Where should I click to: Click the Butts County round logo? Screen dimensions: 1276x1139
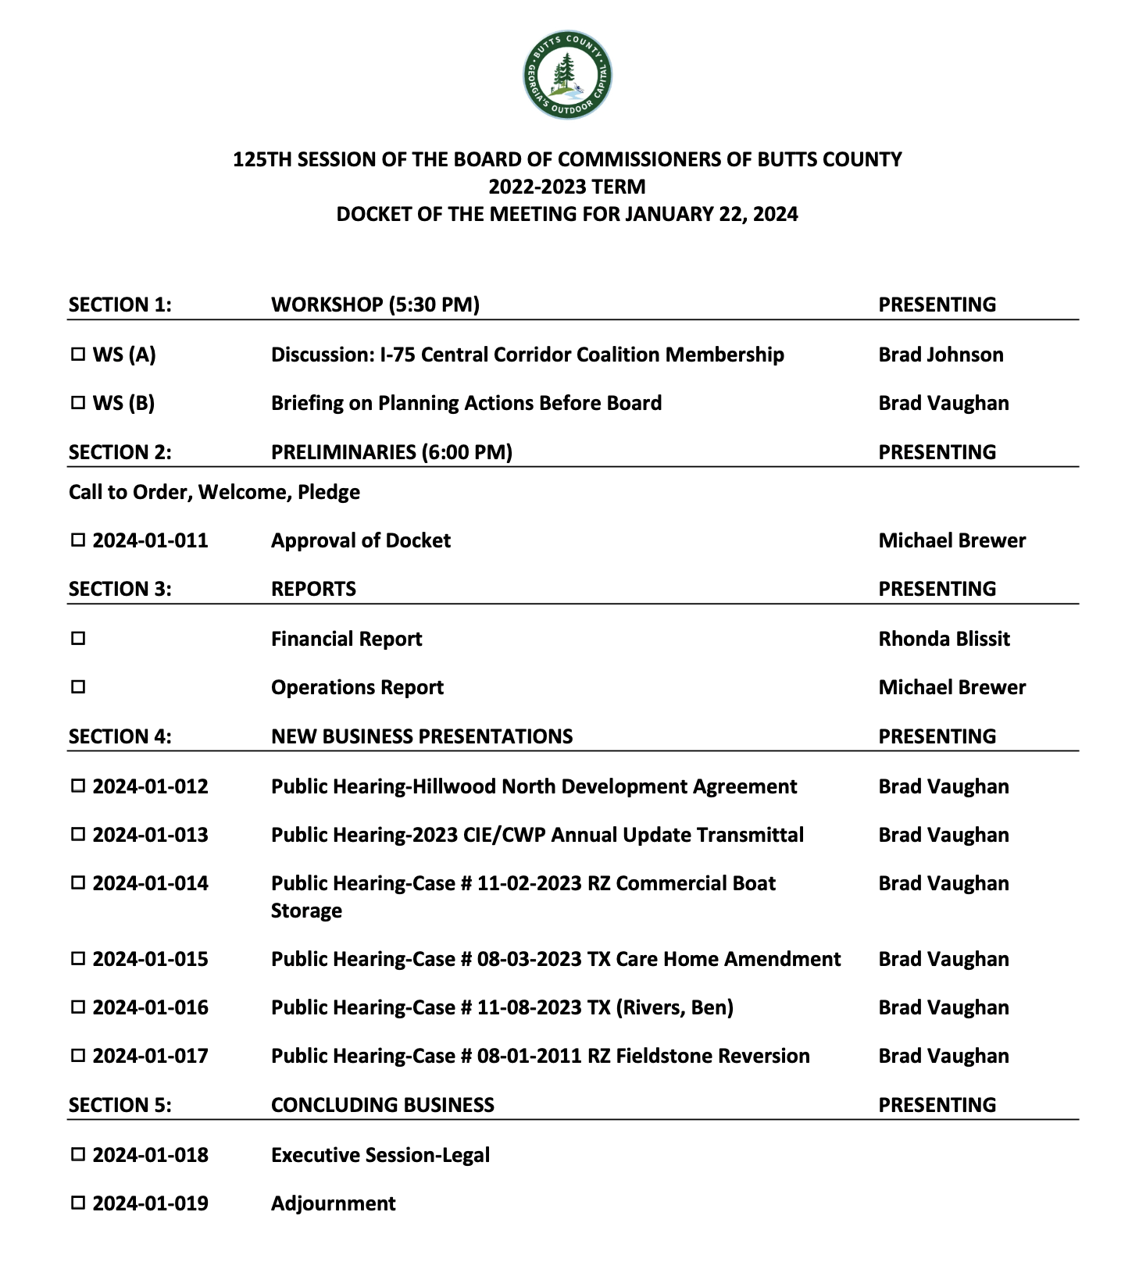click(x=567, y=75)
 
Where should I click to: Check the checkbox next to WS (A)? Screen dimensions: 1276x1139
click(x=78, y=355)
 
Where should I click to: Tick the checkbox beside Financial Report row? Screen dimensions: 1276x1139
click(x=78, y=639)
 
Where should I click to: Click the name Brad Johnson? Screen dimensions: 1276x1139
click(x=941, y=355)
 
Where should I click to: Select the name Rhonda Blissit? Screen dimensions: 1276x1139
click(x=944, y=639)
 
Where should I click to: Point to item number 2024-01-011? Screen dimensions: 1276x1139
click(x=150, y=540)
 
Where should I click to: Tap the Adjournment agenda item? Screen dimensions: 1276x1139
click(x=333, y=1203)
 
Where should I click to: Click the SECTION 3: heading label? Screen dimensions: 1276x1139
click(x=120, y=589)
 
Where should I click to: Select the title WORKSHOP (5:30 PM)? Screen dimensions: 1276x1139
click(x=375, y=305)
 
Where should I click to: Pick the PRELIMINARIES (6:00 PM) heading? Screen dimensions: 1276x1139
click(x=391, y=452)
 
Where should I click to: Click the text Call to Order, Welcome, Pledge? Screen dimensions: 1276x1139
click(x=214, y=492)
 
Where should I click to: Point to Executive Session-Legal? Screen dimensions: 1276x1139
click(x=380, y=1155)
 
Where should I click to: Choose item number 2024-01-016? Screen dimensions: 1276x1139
click(x=150, y=1007)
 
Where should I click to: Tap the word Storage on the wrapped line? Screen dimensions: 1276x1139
click(x=306, y=911)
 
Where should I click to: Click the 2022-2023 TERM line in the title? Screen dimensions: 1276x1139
click(x=567, y=187)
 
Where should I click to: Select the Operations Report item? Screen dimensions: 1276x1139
click(x=357, y=687)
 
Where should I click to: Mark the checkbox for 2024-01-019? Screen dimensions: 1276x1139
click(x=78, y=1203)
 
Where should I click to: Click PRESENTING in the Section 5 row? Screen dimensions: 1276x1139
click(x=937, y=1105)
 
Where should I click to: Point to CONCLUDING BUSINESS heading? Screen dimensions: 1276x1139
click(x=382, y=1105)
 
